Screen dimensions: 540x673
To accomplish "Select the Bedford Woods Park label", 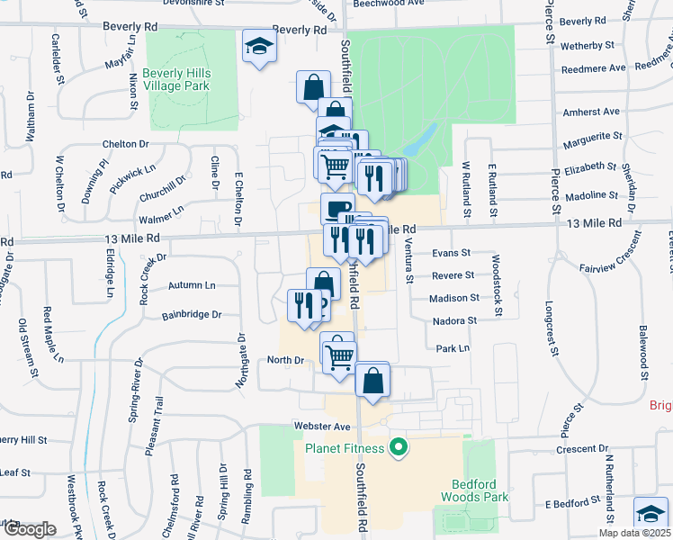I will (x=474, y=490).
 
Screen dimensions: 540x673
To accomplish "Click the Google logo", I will (x=28, y=529).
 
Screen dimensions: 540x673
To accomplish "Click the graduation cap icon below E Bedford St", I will (x=650, y=512).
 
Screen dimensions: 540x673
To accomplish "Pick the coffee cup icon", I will (x=337, y=209).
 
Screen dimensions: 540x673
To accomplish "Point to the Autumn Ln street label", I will (x=192, y=285).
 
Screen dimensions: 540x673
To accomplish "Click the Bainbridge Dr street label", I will (x=192, y=316).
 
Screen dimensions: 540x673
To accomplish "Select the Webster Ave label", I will (x=320, y=426).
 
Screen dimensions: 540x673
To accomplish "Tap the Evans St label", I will (x=452, y=254).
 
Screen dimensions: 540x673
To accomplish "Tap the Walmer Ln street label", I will (x=161, y=216).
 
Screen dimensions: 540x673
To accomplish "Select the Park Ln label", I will (x=453, y=348).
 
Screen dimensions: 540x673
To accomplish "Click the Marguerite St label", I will (x=593, y=140).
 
